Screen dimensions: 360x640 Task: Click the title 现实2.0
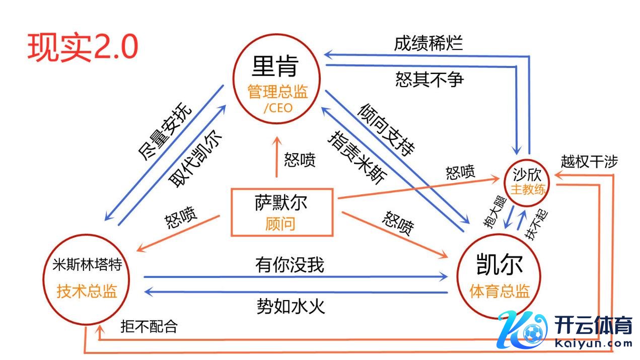[83, 48]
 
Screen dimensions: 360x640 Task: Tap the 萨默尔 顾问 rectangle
[281, 212]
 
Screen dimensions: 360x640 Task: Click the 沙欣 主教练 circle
[528, 182]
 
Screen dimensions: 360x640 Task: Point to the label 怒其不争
[429, 79]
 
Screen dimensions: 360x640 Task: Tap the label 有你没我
[289, 264]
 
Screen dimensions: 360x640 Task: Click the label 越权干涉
[589, 162]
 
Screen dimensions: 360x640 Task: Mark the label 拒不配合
[149, 326]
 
